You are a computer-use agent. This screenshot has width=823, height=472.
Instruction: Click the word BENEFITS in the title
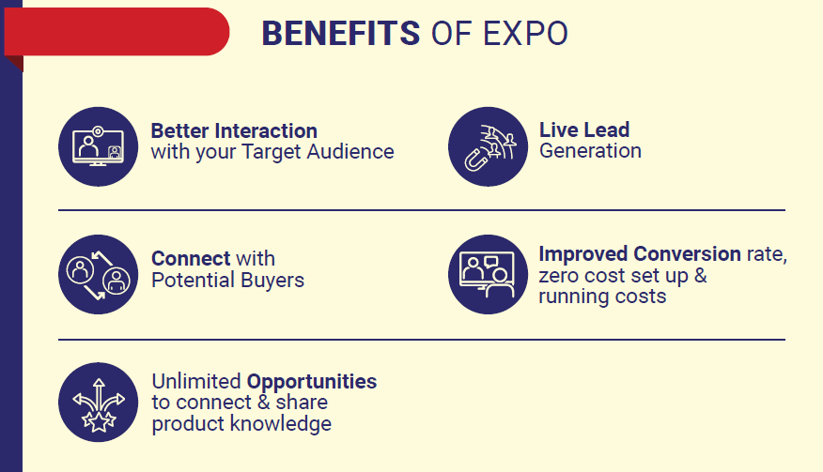click(341, 34)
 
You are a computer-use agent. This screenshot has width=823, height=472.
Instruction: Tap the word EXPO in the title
click(525, 34)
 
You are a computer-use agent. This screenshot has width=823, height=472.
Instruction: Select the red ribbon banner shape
click(117, 33)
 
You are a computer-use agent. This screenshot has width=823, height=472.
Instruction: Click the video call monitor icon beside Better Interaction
click(98, 146)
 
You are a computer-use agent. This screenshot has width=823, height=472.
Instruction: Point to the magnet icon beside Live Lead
click(489, 146)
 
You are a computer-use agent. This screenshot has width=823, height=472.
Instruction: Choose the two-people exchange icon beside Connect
click(98, 274)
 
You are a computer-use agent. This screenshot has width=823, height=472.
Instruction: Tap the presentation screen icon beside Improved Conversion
click(489, 274)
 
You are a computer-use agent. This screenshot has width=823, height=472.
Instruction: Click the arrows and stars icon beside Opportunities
click(98, 403)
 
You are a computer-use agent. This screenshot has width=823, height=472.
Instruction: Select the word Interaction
click(266, 130)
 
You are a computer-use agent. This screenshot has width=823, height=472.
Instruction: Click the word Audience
click(350, 152)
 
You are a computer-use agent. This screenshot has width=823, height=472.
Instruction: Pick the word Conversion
click(688, 254)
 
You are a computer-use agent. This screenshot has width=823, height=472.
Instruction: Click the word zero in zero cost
click(558, 276)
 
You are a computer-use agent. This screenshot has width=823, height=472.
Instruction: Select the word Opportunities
click(312, 382)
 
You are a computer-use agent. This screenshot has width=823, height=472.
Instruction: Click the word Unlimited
click(196, 381)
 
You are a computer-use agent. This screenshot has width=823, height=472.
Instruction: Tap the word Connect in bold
click(191, 259)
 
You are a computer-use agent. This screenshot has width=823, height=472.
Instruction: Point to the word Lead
click(607, 129)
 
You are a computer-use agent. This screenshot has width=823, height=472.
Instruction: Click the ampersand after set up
click(700, 275)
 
